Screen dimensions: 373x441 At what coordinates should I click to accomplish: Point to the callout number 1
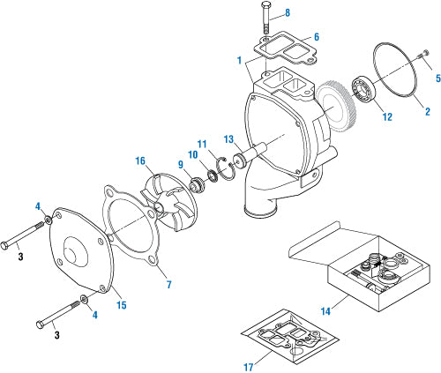click(x=238, y=59)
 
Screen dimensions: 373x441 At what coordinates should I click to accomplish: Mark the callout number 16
click(x=139, y=161)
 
